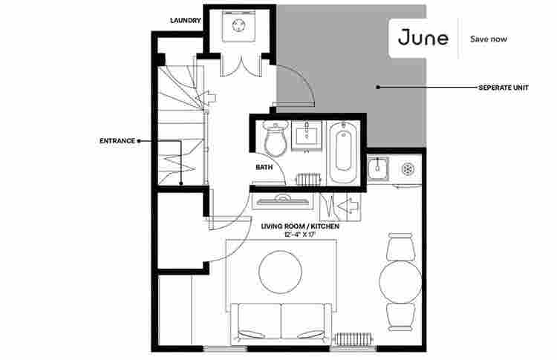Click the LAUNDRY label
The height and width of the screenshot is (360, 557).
[x=186, y=21]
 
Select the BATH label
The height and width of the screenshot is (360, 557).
[x=264, y=167]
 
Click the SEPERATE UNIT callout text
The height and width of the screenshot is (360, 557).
[x=503, y=88]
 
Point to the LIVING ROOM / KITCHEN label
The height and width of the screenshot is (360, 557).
[x=299, y=226]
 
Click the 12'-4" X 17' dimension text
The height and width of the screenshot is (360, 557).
[x=299, y=235]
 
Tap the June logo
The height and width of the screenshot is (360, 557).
[x=423, y=37]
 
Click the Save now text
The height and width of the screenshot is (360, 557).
[x=489, y=38]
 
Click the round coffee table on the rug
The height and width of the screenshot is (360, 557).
[x=280, y=272]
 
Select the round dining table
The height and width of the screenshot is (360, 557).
[x=400, y=282]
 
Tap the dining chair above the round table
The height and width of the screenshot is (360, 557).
[x=400, y=246]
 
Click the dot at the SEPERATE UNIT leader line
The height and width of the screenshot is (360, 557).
[x=377, y=88]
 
